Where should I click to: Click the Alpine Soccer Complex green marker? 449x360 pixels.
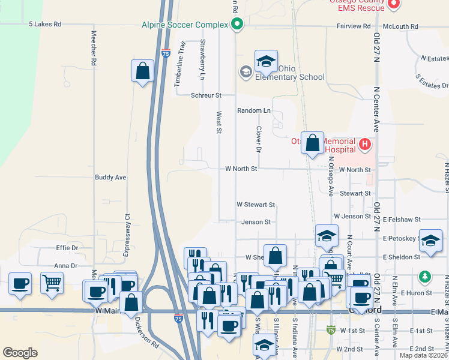tap(237, 25)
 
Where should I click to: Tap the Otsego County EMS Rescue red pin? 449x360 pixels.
tap(394, 5)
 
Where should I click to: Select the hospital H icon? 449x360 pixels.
tap(364, 144)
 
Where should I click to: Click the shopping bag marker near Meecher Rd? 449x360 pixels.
tap(142, 71)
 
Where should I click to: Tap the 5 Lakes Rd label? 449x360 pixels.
tap(45, 25)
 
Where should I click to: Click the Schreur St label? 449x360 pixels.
tap(206, 95)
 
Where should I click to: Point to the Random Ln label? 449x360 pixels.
tap(253, 111)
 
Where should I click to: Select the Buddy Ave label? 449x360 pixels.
tap(110, 178)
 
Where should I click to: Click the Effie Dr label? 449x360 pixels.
tap(67, 248)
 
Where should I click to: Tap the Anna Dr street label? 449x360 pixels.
tap(66, 266)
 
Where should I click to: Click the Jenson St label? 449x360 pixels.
tap(256, 222)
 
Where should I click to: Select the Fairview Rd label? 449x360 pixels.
tap(354, 26)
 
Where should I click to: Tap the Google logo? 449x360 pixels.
tap(20, 353)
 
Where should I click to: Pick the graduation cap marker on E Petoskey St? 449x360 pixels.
tap(430, 239)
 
